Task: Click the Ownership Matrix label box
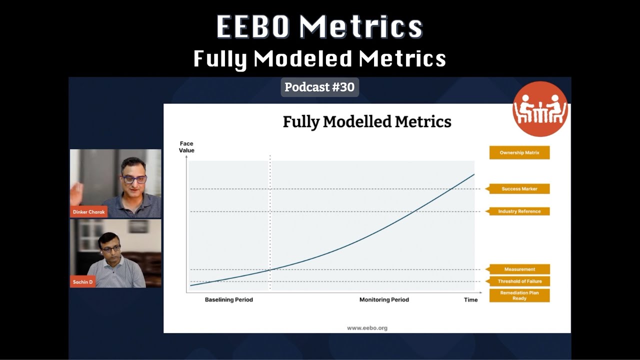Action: (x=519, y=152)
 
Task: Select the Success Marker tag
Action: (x=519, y=189)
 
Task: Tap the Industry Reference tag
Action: (x=519, y=211)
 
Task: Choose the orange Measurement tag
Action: (x=519, y=269)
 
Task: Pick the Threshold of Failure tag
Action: (x=519, y=281)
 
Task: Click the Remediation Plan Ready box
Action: (x=519, y=295)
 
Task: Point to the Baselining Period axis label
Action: (x=229, y=300)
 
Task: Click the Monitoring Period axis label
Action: (x=384, y=300)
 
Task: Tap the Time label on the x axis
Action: (x=470, y=300)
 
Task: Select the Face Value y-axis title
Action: (x=186, y=147)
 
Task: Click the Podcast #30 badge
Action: (x=319, y=87)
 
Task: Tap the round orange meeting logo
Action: (x=540, y=109)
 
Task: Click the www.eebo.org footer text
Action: (x=367, y=328)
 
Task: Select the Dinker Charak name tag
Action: (x=88, y=212)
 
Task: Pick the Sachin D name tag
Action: (x=83, y=282)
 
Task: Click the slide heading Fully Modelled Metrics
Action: (x=367, y=121)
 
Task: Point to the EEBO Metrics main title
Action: (x=319, y=27)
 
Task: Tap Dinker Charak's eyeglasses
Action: (x=133, y=179)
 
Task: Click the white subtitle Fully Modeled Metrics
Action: (x=319, y=59)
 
